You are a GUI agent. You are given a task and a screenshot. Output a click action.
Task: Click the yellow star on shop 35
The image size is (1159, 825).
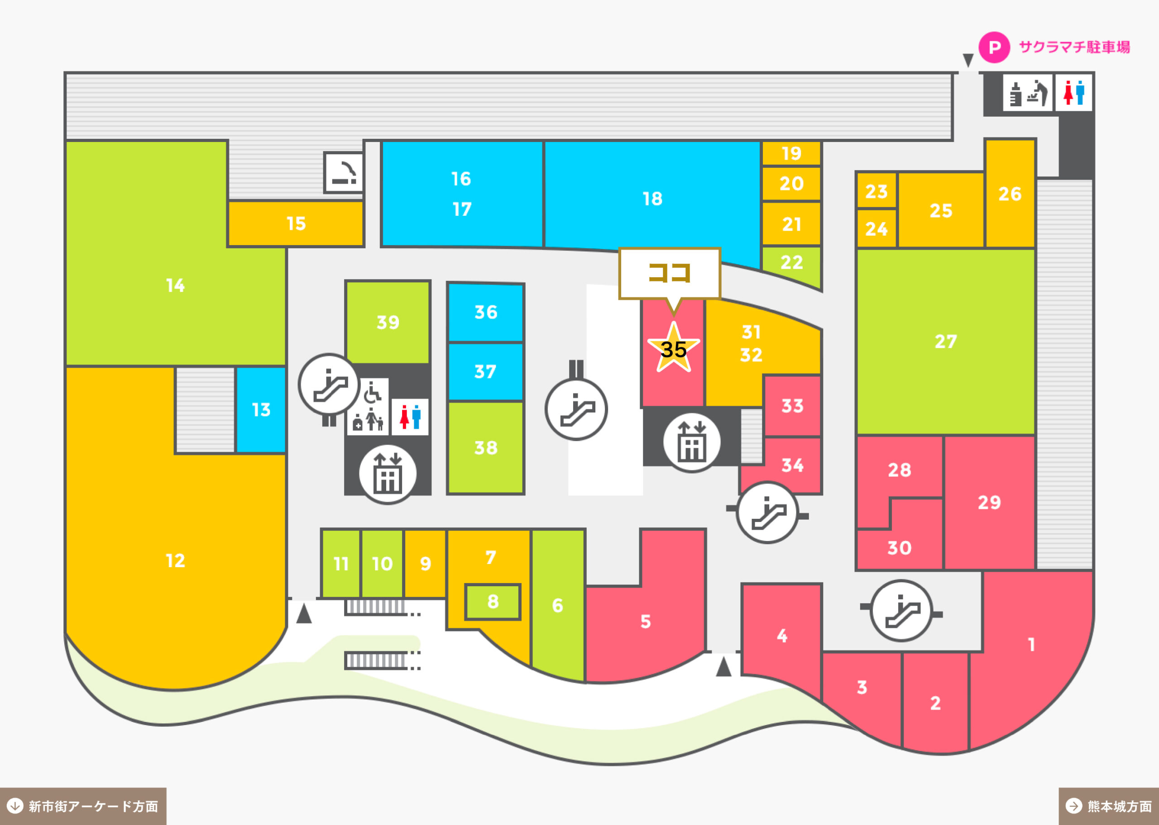[x=674, y=347]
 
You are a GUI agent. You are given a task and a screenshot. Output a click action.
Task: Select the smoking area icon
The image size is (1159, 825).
[x=344, y=172]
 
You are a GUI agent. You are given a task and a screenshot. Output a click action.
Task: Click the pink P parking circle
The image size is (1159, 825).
[x=994, y=47]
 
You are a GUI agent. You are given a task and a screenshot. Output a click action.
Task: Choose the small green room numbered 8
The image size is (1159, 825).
[x=493, y=602]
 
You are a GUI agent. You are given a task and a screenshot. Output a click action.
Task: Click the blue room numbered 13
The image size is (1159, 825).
[x=261, y=409]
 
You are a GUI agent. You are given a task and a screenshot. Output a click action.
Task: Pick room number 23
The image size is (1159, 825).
[x=876, y=191]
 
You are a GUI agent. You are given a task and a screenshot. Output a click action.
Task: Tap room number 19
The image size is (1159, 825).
[x=791, y=153]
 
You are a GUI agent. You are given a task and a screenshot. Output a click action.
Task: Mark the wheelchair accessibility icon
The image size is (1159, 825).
[x=373, y=392]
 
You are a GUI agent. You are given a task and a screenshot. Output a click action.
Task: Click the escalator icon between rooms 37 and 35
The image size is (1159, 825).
[x=576, y=409]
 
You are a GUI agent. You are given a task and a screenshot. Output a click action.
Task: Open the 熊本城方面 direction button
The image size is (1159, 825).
[x=1109, y=806]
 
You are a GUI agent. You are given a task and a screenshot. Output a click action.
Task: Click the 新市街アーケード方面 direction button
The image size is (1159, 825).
[x=83, y=806]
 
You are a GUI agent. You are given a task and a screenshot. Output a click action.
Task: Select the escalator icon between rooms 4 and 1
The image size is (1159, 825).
[x=901, y=611]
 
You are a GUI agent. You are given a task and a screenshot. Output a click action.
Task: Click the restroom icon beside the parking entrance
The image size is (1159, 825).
[x=1073, y=92]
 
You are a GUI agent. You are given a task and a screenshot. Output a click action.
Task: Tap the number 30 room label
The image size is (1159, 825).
[x=899, y=548]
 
